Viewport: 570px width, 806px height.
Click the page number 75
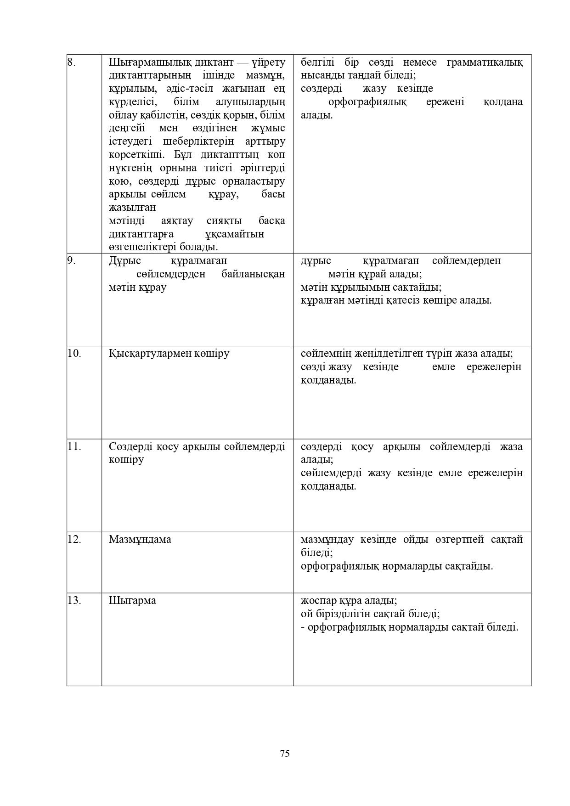[284, 753]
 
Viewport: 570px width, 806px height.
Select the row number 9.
[71, 261]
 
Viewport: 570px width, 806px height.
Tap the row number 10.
[74, 354]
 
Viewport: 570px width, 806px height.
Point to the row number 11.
[74, 446]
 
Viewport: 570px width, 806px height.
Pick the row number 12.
[74, 539]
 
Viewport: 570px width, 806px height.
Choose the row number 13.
[74, 600]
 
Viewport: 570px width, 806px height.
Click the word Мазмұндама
[140, 539]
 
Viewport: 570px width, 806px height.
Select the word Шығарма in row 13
[132, 600]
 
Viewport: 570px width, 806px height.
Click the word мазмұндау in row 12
[327, 539]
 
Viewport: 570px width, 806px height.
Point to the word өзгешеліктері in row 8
[142, 247]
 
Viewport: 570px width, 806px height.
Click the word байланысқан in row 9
[253, 274]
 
